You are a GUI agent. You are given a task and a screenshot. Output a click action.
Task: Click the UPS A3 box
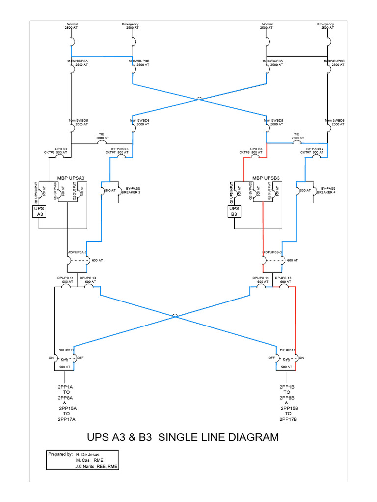click(x=39, y=212)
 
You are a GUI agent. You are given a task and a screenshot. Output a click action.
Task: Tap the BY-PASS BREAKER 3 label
click(x=133, y=190)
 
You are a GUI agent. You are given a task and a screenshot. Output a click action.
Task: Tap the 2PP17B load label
click(x=289, y=420)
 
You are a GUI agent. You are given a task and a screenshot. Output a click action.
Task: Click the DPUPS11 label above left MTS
click(x=67, y=350)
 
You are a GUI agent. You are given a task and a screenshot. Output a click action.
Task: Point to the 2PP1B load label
click(x=287, y=387)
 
